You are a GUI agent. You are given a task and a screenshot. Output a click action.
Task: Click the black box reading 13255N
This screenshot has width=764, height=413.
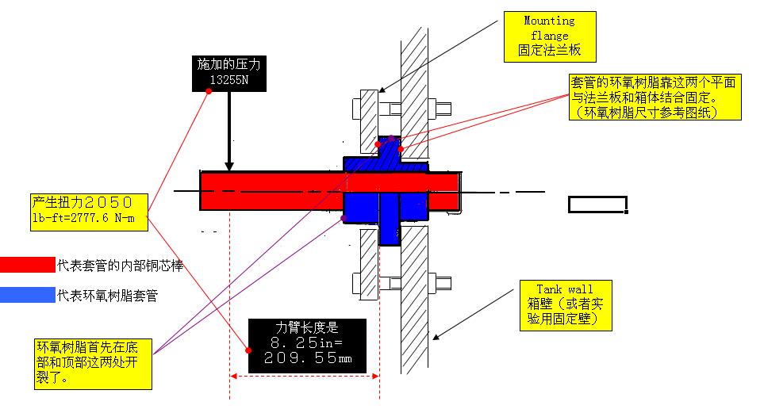[228, 72]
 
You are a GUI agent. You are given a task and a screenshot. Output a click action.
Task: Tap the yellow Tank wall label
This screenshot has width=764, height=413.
[564, 306]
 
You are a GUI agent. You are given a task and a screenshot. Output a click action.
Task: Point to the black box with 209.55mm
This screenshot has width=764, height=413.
[307, 346]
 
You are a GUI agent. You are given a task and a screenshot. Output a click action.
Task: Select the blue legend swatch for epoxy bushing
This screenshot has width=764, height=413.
[27, 296]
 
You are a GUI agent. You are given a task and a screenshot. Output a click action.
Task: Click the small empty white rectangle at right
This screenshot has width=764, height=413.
[597, 205]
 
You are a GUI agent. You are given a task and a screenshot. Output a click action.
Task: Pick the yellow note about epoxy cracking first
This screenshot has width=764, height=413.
[88, 362]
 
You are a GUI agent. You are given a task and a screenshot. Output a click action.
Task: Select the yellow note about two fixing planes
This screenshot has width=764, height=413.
[655, 97]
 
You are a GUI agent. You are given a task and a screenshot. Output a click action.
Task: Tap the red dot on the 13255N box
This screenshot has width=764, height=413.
[209, 91]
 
